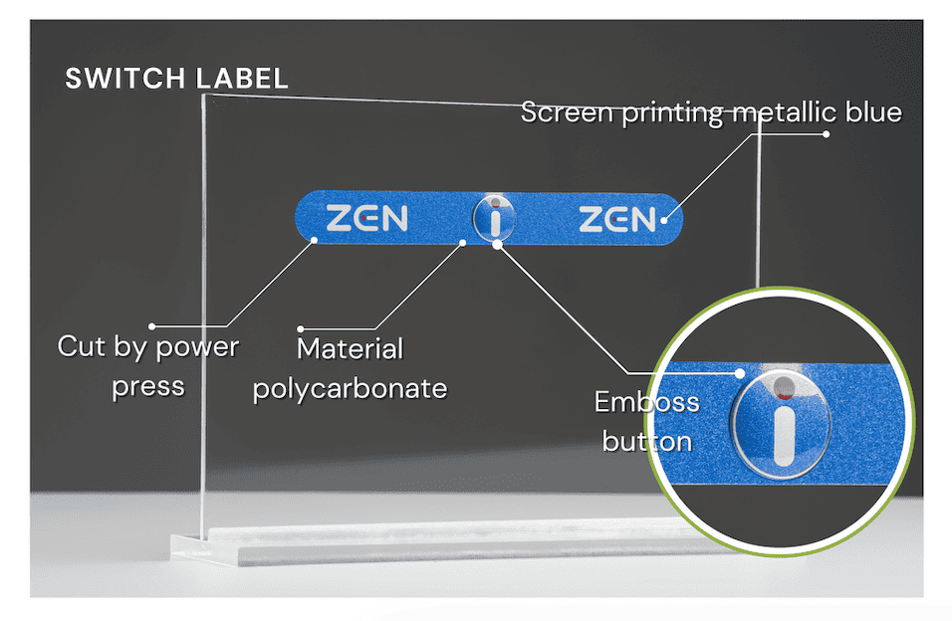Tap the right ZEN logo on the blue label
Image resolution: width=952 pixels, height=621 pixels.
[x=617, y=219]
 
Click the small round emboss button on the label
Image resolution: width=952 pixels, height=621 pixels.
[x=495, y=217]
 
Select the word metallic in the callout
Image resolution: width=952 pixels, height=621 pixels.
[x=783, y=112]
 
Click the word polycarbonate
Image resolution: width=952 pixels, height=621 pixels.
[x=350, y=388]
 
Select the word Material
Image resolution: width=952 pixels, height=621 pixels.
[x=350, y=349]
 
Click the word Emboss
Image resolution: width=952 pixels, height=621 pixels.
[x=646, y=402]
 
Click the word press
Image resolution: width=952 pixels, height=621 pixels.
[x=147, y=386]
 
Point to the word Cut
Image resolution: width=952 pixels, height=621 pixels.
[x=81, y=346]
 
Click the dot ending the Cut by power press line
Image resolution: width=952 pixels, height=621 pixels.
[x=152, y=325]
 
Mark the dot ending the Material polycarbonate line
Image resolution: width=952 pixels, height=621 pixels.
[x=301, y=327]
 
